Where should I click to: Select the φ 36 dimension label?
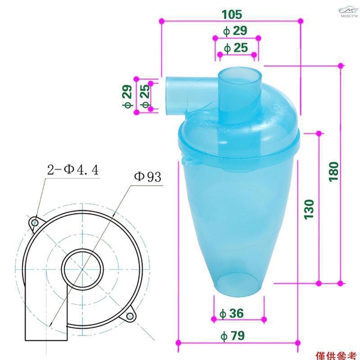tap(237, 313)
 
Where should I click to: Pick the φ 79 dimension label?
tap(236, 335)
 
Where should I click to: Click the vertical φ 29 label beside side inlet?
tap(127, 96)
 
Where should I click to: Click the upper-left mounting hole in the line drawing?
tap(34, 222)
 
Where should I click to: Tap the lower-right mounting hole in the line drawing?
tap(129, 317)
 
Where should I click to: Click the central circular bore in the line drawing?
tap(81, 270)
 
